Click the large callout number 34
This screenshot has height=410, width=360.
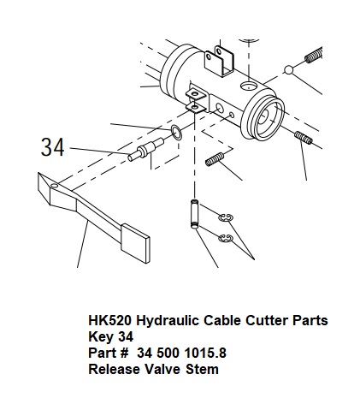53,147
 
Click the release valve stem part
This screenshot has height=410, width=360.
145,149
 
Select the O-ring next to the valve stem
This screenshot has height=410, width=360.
176,133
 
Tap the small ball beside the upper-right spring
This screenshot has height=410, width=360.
288,69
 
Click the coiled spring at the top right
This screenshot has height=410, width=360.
314,56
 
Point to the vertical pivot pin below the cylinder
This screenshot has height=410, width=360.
194,214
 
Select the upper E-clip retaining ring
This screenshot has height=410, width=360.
226,217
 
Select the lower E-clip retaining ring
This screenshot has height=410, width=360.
226,239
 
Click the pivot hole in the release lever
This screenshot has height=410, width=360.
54,186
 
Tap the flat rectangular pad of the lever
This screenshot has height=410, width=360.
135,243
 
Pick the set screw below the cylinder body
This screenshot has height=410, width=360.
215,159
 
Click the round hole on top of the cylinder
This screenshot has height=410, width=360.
248,86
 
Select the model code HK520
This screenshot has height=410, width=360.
110,320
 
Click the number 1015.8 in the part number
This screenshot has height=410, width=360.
205,353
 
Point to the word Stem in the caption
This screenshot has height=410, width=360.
202,369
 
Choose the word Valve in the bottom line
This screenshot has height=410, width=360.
162,369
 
